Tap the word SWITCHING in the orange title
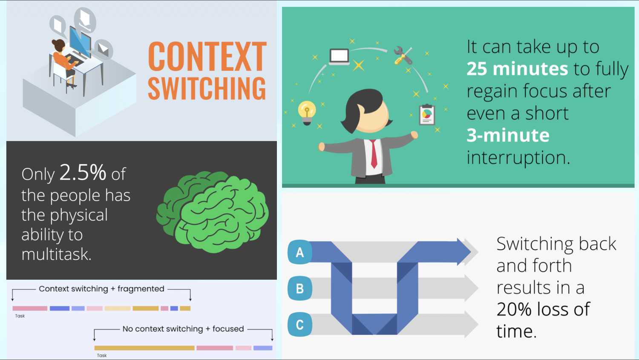[207, 89]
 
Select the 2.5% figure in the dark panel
[83, 172]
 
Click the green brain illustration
[213, 212]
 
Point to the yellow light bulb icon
[307, 112]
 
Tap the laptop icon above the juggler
[339, 57]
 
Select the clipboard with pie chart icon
[427, 115]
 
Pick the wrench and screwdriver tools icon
[403, 55]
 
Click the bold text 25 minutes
[517, 69]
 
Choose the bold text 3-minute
[508, 135]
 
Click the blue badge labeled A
[300, 252]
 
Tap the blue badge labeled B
[300, 288]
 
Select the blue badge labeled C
[300, 325]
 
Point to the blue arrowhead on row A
[464, 252]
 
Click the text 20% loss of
[543, 309]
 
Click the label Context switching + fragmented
[101, 289]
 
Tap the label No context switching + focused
[183, 329]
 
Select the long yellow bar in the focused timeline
[144, 348]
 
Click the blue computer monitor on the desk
[80, 42]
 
